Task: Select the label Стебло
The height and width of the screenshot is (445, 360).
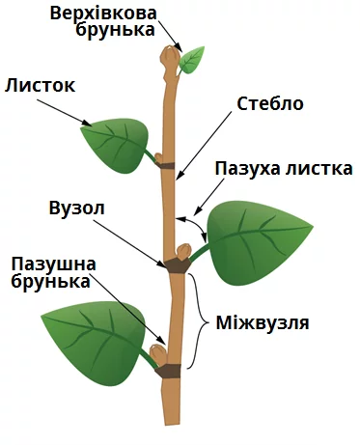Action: click(x=270, y=104)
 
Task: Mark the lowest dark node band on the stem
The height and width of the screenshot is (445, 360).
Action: click(x=167, y=371)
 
